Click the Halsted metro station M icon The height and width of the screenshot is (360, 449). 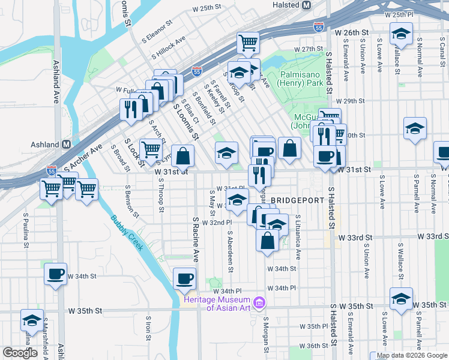click(x=306, y=5)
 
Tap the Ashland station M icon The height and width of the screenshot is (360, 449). click(x=67, y=145)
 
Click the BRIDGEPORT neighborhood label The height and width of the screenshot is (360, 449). click(x=297, y=199)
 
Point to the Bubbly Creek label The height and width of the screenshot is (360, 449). click(x=127, y=233)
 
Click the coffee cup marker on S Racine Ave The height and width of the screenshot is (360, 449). click(x=185, y=278)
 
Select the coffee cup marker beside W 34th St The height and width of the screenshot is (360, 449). click(x=56, y=274)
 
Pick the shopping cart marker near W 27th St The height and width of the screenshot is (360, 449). click(x=247, y=43)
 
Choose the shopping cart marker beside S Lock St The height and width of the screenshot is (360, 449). click(x=151, y=149)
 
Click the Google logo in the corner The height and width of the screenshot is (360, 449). click(x=20, y=353)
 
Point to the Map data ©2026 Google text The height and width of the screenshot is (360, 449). click(x=412, y=355)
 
